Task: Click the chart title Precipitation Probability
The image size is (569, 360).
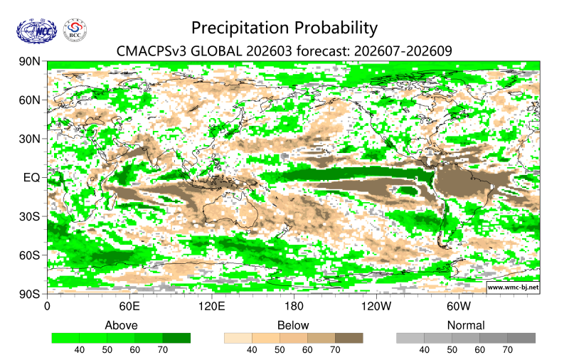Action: click(284, 28)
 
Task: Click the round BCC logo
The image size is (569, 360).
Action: click(75, 31)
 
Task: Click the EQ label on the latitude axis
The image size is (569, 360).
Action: click(33, 177)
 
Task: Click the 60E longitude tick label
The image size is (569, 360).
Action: click(128, 307)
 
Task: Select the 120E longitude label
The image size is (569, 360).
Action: click(211, 307)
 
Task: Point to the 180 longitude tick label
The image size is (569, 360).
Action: click(294, 307)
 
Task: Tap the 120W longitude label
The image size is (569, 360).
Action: click(376, 307)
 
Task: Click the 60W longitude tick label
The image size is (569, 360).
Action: click(459, 307)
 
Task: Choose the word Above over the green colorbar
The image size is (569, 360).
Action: click(121, 325)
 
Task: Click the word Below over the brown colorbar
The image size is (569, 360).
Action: click(293, 325)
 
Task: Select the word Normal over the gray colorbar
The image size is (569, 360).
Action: click(466, 325)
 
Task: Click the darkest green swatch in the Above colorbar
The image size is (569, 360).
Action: click(176, 338)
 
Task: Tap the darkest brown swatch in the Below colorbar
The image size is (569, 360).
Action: click(349, 338)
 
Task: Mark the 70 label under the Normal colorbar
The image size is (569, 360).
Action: click(507, 350)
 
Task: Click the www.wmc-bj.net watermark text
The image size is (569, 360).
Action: click(512, 287)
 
